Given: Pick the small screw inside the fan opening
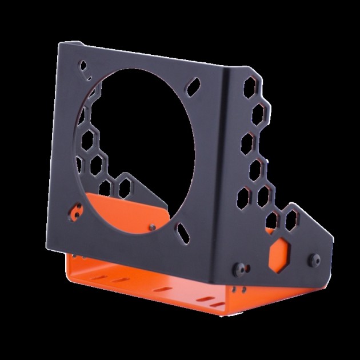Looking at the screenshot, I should coord(153,226).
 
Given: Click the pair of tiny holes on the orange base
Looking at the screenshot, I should coord(243,289).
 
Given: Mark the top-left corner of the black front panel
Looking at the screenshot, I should coord(62,46).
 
